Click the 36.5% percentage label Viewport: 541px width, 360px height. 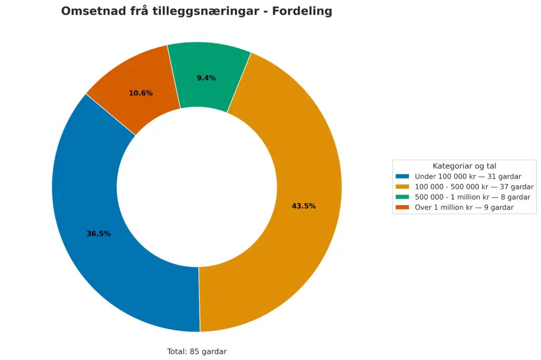point(99,234)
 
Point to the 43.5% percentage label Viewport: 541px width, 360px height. point(304,206)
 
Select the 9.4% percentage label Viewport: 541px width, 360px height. point(207,78)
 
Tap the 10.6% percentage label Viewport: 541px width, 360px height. point(141,94)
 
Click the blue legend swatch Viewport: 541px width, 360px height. point(403,177)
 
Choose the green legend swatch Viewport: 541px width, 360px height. point(403,197)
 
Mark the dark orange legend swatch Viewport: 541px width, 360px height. point(403,208)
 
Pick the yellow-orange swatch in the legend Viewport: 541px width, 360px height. point(403,187)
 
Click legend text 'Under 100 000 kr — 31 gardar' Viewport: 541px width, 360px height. point(468,177)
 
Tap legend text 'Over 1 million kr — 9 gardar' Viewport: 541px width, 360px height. point(464,208)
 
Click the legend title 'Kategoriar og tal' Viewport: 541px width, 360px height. point(464,166)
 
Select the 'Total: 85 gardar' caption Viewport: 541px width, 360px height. point(197,352)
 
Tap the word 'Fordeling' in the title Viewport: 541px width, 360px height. point(302,12)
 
